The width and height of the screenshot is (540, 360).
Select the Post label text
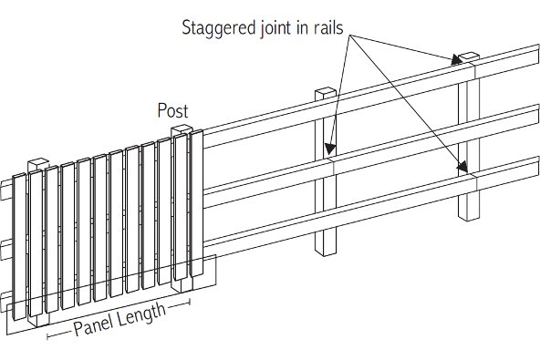coord(173,110)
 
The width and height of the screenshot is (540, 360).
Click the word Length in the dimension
coord(141,314)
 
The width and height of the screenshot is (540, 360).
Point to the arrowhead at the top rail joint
coord(457,59)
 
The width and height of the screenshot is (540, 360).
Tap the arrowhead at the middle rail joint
coord(330,149)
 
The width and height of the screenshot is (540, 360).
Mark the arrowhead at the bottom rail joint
coord(462,167)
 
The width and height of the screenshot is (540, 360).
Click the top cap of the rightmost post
coord(469,56)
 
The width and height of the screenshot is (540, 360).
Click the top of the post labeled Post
coord(182,129)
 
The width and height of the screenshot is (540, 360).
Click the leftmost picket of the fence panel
coord(19,247)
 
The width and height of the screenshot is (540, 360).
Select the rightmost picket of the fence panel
coord(197,203)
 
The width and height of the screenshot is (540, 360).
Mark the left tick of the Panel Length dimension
coord(47,336)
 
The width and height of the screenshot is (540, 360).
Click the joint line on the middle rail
coord(334,167)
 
